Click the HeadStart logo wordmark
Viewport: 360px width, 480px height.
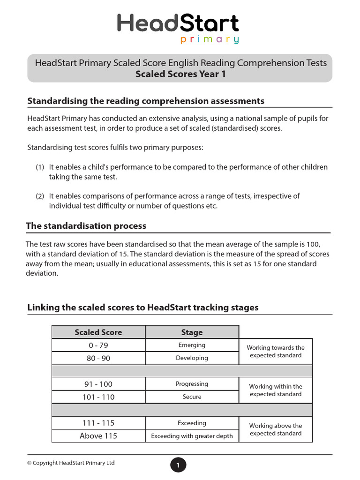178,23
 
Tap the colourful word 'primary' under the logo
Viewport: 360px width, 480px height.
210,40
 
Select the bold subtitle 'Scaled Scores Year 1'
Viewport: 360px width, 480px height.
180,74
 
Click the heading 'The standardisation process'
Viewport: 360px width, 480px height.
86,226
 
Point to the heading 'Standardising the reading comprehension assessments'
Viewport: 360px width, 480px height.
146,101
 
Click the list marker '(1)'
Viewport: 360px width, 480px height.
40,167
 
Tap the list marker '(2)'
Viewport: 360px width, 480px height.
40,196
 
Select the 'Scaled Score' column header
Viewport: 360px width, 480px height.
98,332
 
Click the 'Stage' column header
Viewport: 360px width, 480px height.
192,332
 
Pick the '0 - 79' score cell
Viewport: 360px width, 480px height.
98,345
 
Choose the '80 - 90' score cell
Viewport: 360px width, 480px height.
98,358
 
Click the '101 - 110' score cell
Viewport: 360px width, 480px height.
98,397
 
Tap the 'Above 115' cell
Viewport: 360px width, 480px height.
98,436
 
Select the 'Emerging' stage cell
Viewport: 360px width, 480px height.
192,345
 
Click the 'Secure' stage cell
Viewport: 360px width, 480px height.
192,397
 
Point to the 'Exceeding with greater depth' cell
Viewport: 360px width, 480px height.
192,436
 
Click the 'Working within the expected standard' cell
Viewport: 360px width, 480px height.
276,390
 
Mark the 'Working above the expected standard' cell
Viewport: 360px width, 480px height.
276,430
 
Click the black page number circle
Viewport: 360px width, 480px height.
178,465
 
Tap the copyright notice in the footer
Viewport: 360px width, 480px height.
71,463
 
